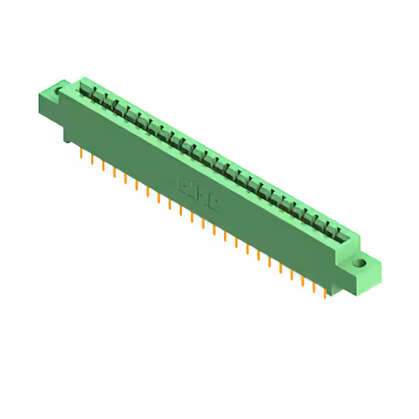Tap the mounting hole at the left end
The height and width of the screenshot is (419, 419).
tap(64, 86)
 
